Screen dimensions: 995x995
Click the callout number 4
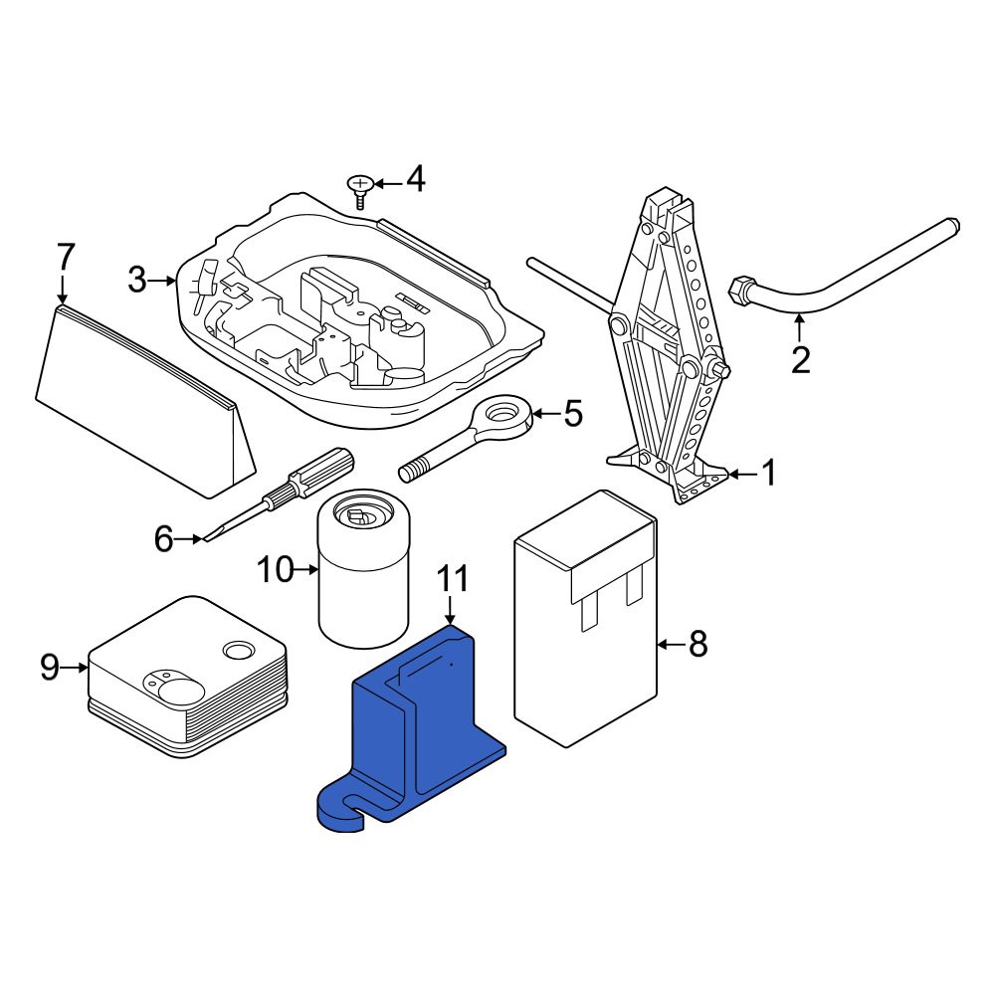pos(416,179)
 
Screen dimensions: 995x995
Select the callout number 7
pos(66,259)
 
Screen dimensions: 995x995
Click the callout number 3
pos(137,280)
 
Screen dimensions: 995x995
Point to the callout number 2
pos(801,360)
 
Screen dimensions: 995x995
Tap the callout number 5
pos(572,414)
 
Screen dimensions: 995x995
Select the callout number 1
pos(769,474)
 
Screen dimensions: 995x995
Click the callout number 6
pos(164,539)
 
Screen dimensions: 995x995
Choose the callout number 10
pos(276,570)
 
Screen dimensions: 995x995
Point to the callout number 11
pos(452,579)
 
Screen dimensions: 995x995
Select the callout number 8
pos(698,644)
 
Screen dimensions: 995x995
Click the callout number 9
pos(50,668)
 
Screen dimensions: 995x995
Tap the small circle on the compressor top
pos(239,651)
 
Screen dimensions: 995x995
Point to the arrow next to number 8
pos(670,645)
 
